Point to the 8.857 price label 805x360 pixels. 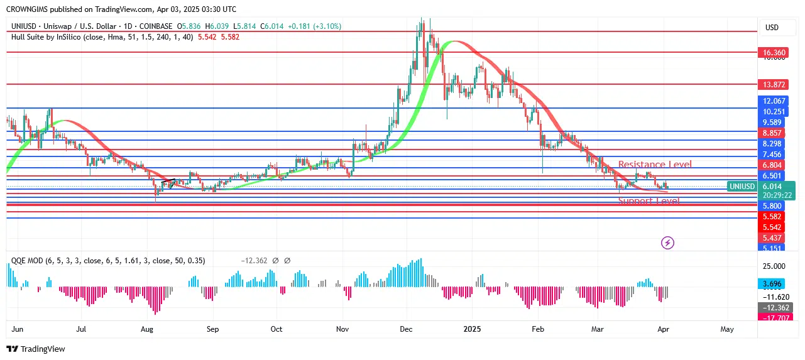tap(772, 133)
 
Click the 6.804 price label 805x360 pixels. tap(772, 165)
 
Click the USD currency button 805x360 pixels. tap(772, 28)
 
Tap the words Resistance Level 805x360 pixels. tap(655, 165)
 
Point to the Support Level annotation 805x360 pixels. tap(649, 201)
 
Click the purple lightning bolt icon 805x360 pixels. tap(667, 243)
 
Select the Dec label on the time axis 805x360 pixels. tap(406, 329)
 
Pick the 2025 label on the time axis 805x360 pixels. tap(471, 329)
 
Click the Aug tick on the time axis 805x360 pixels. tap(146, 329)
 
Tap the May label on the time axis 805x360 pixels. tap(727, 329)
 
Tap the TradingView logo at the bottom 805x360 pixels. tap(36, 349)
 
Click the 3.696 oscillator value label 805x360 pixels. tap(772, 284)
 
